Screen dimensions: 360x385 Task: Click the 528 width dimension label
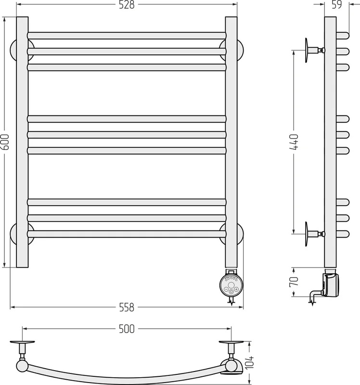point(127,5)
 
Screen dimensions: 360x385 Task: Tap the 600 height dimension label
point(5,142)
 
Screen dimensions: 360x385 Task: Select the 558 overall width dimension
point(127,307)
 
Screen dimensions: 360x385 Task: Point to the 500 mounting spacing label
point(127,329)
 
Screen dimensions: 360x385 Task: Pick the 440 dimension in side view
point(294,142)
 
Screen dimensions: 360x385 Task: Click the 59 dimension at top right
point(337,5)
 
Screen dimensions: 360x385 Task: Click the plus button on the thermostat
point(236,289)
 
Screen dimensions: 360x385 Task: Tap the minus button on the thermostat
point(226,289)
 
